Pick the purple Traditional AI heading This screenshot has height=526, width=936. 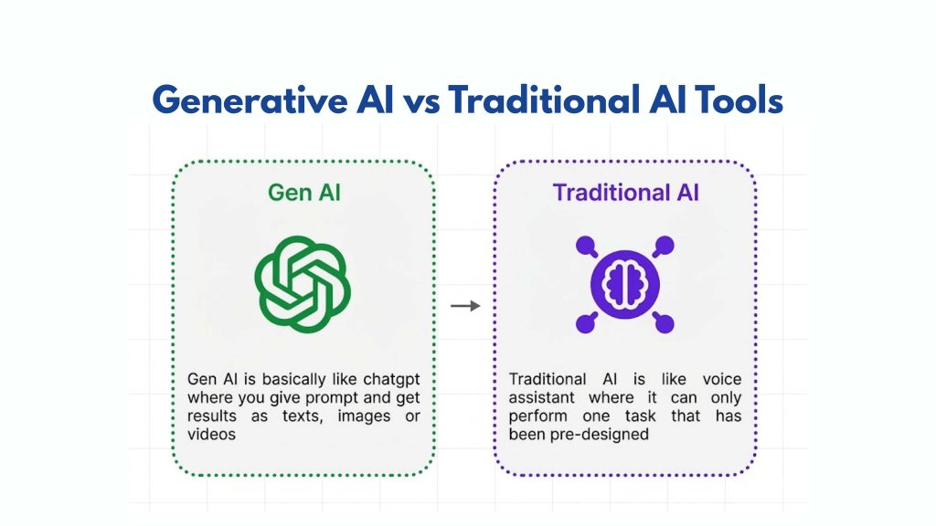coord(625,193)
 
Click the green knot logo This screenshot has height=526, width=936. coord(303,282)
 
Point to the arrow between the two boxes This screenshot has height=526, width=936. coord(465,305)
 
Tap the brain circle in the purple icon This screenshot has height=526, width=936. coord(625,283)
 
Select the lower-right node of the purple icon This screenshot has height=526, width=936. coord(665,321)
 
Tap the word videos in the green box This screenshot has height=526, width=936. coord(211,435)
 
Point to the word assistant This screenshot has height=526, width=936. coord(544,397)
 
